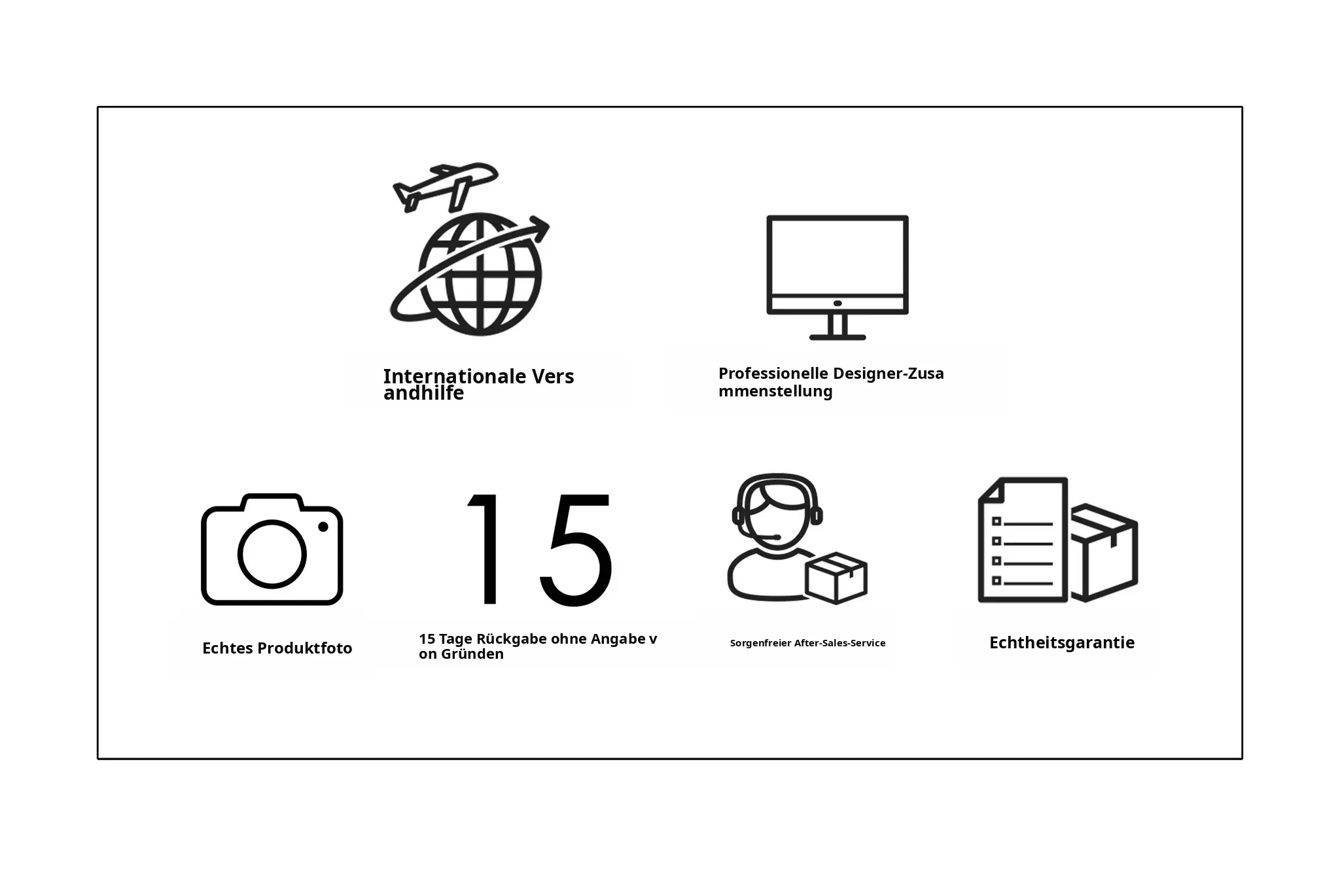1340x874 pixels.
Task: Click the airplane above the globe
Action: point(445,186)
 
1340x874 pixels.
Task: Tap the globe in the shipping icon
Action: point(481,275)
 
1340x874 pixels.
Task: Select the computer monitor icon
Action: point(837,277)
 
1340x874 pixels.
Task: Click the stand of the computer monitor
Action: point(837,327)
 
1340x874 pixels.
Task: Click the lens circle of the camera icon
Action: point(272,554)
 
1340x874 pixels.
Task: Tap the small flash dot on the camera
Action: point(323,527)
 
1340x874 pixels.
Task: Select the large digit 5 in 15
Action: point(576,550)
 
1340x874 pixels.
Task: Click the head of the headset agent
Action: point(777,517)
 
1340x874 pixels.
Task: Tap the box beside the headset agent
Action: point(836,578)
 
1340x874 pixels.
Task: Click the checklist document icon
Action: point(1023,540)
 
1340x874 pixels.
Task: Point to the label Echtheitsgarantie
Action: point(1062,642)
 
